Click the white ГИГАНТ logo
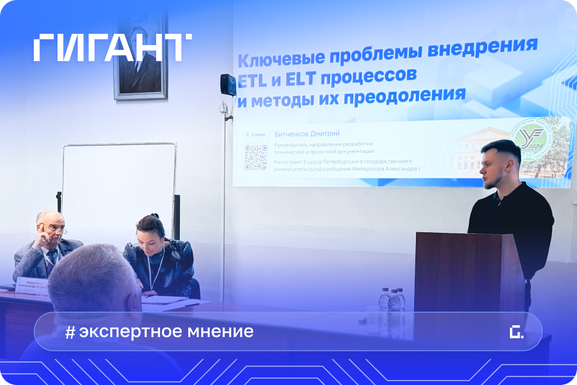(x=112, y=47)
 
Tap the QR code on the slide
(x=255, y=157)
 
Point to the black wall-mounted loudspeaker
(x=228, y=85)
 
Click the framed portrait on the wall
(x=140, y=56)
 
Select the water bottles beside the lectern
(x=393, y=299)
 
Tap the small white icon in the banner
(x=516, y=332)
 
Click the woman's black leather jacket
(x=161, y=265)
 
